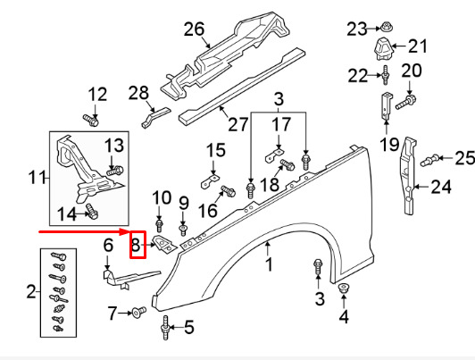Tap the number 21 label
pos(418,46)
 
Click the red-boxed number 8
pos(137,244)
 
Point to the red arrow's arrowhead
pos(125,230)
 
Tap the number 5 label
pos(188,327)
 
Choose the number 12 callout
pos(96,93)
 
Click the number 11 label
pos(37,179)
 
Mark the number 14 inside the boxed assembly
pos(67,213)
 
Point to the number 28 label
pos(137,92)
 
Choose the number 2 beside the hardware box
pos(33,291)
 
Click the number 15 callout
pos(217,149)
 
